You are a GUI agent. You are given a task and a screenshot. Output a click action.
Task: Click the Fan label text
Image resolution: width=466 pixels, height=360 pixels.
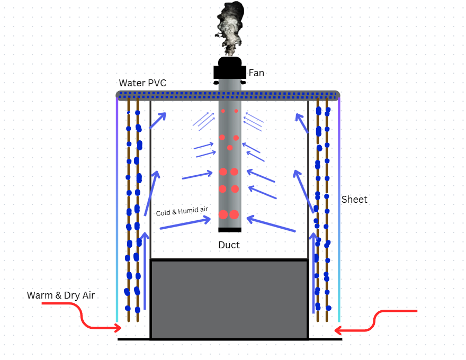tap(256, 73)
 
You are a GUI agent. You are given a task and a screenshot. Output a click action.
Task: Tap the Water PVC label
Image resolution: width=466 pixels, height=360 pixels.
tap(142, 83)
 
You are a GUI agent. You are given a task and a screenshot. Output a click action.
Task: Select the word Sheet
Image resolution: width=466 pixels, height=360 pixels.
tap(354, 199)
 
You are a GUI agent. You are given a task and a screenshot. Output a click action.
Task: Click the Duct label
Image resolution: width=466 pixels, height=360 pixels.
tap(229, 245)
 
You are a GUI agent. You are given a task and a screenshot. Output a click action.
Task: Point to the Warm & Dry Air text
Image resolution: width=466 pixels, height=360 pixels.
tap(60, 295)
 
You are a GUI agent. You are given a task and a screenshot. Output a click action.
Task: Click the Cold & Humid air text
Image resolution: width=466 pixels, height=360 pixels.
tap(182, 211)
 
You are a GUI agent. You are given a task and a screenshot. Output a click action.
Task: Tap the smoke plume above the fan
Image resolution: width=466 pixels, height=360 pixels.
tap(229, 28)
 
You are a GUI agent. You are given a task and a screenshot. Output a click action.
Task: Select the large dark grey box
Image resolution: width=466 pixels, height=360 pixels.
tap(229, 299)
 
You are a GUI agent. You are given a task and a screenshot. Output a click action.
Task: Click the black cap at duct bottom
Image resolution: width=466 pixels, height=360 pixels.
tap(230, 230)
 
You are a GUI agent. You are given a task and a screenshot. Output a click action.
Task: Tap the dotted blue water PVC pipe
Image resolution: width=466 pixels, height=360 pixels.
tap(228, 95)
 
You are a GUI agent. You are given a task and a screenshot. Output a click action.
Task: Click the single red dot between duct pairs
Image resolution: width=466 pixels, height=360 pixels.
tap(230, 148)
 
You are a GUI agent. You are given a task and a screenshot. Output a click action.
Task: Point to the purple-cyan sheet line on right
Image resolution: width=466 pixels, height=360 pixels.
tap(339, 210)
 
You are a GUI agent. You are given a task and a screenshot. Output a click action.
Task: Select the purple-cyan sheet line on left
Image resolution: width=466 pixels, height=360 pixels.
tap(117, 210)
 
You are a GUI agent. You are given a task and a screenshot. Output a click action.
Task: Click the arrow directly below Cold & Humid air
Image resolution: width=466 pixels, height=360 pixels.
tap(185, 224)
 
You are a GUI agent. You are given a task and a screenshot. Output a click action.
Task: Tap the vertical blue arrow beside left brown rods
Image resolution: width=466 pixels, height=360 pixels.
tap(145, 271)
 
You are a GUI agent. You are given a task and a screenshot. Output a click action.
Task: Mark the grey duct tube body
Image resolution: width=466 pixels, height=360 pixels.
tap(230, 155)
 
